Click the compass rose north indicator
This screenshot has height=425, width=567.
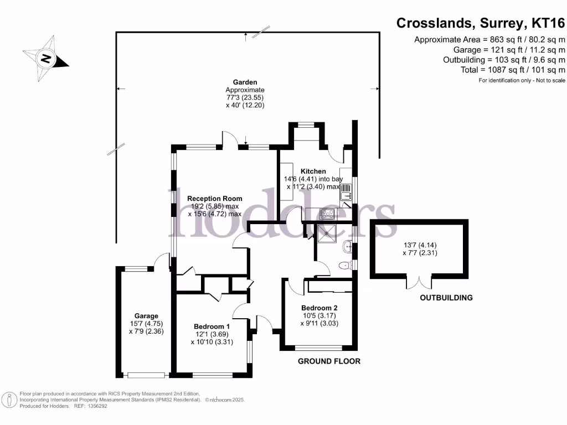tap(46, 58)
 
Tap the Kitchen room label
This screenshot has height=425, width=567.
tap(313, 172)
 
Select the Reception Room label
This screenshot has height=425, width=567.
tap(215, 199)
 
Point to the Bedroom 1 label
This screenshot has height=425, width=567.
tap(212, 326)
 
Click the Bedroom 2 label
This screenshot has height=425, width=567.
tap(319, 308)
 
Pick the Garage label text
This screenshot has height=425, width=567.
tap(146, 316)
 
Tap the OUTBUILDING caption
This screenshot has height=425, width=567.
tap(446, 298)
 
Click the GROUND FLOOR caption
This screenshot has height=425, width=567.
tap(329, 361)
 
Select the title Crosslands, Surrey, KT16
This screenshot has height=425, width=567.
tap(481, 23)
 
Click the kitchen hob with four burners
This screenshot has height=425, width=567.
tap(328, 214)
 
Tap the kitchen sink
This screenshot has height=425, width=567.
tap(346, 192)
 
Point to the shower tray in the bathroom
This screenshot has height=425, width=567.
tap(327, 234)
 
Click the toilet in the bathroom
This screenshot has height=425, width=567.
tap(346, 266)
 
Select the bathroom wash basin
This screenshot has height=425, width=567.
tap(348, 247)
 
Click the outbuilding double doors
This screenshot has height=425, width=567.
tap(419, 283)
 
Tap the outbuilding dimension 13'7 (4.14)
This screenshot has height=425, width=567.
tap(420, 245)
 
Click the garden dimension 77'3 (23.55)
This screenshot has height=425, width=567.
tap(245, 97)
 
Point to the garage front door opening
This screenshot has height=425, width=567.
tap(146, 376)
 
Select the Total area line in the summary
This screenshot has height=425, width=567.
tap(513, 70)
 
